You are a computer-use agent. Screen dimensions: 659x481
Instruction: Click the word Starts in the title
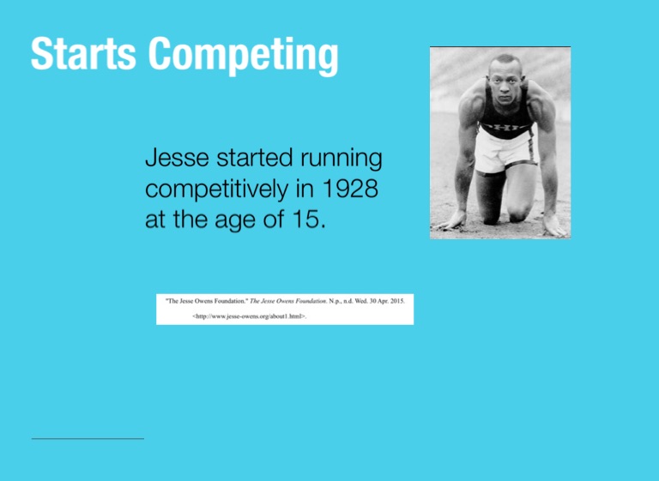[x=83, y=53]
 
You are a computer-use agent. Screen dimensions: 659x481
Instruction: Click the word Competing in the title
[x=244, y=57]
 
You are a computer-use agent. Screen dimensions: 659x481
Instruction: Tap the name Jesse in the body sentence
[x=177, y=158]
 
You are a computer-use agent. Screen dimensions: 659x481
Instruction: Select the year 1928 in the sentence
[x=350, y=189]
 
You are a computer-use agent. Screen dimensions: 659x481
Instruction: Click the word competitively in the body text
[x=217, y=189]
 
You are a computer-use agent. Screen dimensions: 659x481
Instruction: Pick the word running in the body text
[x=341, y=159]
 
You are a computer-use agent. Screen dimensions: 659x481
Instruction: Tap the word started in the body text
[x=254, y=158]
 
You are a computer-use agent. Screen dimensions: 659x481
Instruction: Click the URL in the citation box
[x=249, y=316]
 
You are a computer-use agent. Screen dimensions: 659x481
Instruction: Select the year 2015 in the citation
[x=396, y=301]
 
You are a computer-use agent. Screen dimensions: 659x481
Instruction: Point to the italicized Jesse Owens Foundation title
[x=288, y=301]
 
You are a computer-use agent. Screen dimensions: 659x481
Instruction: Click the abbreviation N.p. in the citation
[x=335, y=301]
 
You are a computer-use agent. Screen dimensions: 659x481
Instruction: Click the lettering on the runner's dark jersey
[x=506, y=126]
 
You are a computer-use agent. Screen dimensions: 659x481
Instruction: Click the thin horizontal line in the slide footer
[x=88, y=439]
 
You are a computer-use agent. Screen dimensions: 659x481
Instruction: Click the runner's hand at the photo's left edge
[x=452, y=220]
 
